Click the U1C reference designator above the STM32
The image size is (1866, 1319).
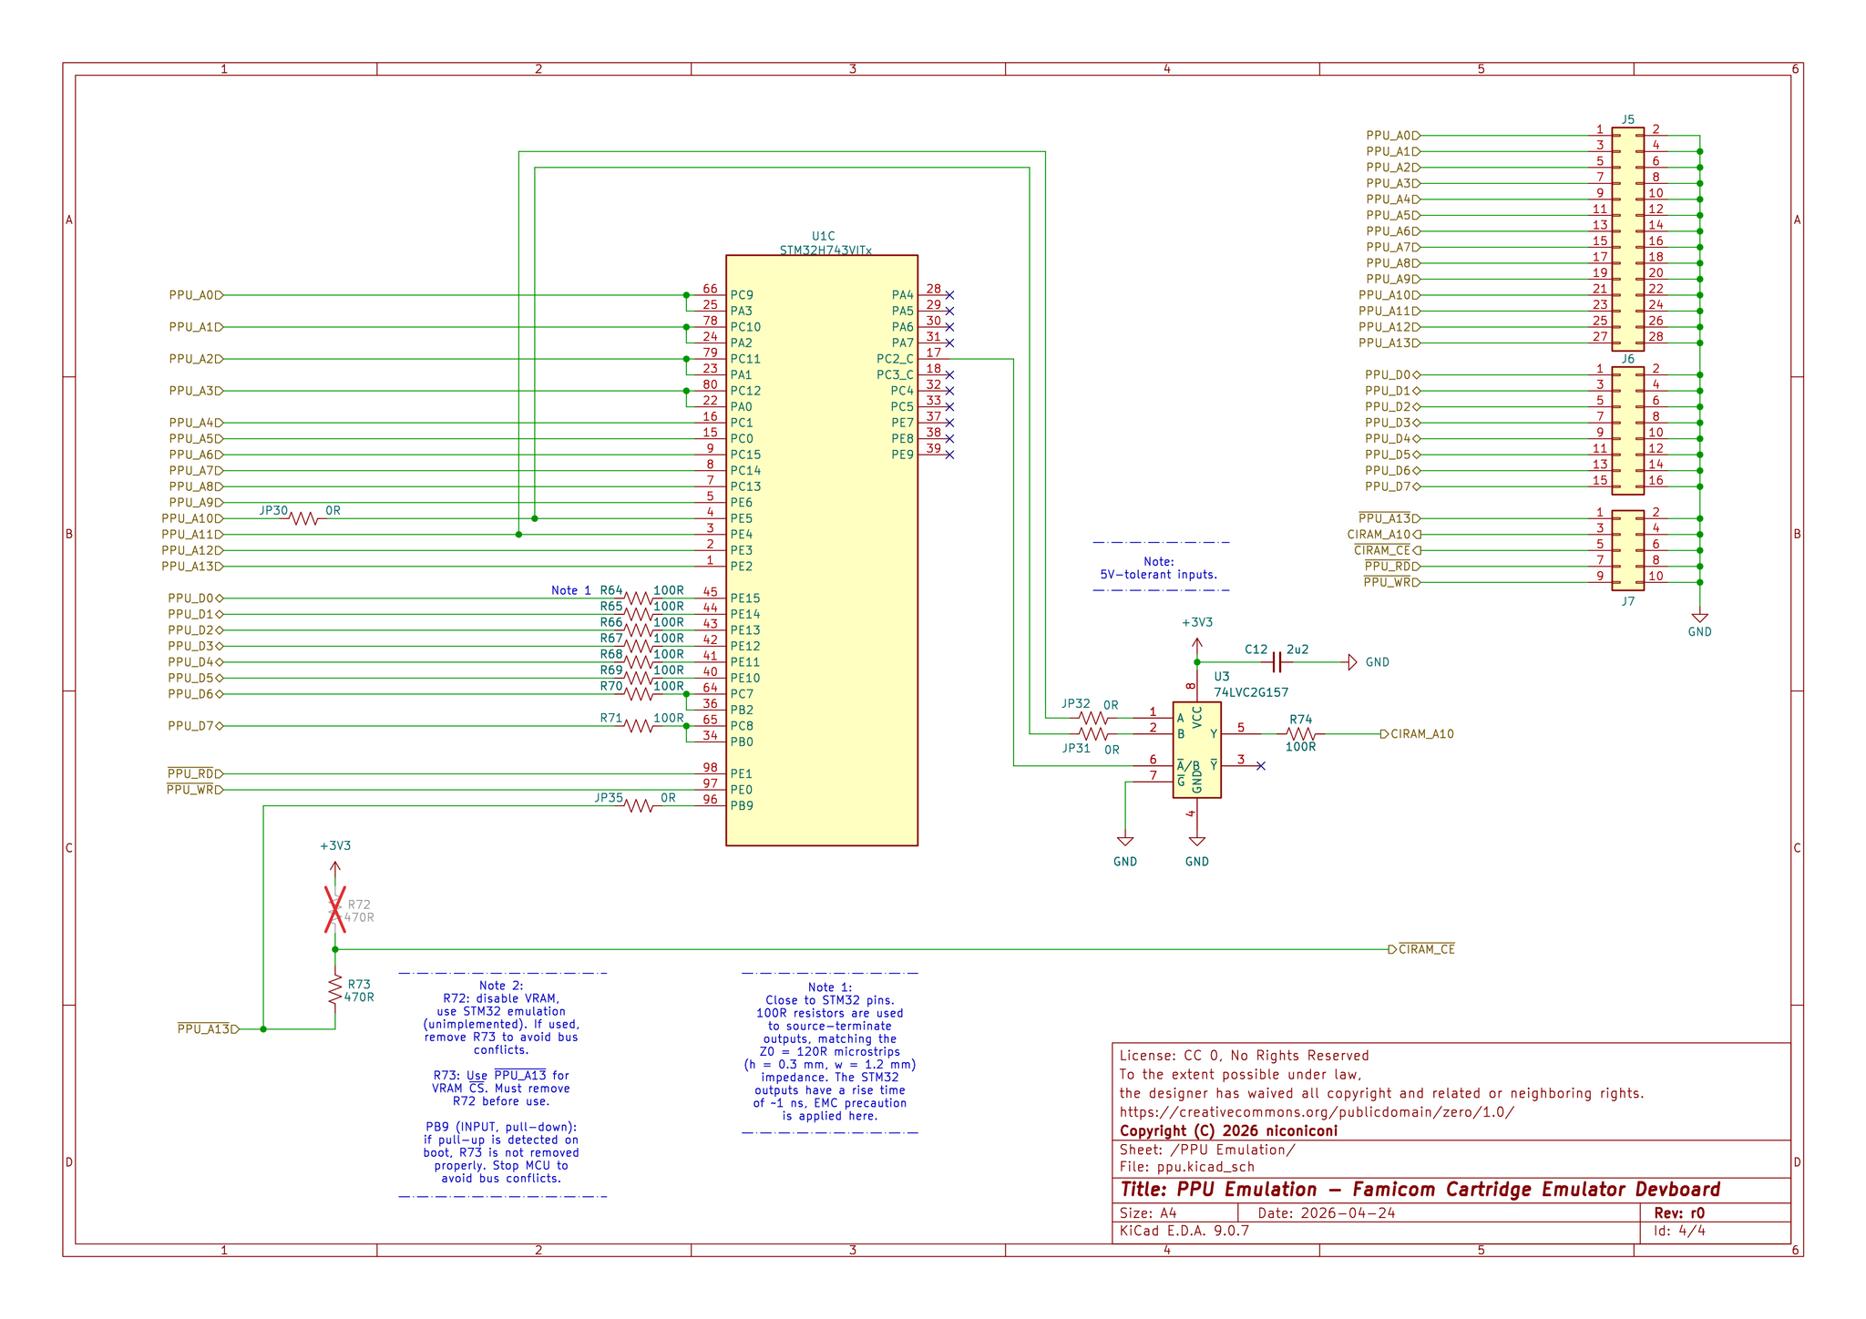(x=823, y=236)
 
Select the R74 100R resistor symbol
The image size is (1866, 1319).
(x=1300, y=733)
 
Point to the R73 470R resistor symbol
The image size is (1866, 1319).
(x=335, y=990)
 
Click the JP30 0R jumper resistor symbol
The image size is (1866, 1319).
(x=303, y=518)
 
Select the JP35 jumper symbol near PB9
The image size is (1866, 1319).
(x=639, y=805)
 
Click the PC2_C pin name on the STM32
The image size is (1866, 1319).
(x=895, y=359)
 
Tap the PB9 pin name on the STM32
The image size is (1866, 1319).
(x=742, y=805)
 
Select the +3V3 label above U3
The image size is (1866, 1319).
(x=1197, y=623)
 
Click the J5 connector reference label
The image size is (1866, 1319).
(x=1628, y=119)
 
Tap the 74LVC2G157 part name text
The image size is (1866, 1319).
(x=1251, y=692)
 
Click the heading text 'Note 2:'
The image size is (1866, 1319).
(x=501, y=986)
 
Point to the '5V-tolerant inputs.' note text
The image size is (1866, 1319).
(x=1159, y=575)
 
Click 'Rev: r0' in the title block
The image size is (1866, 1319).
(x=1678, y=1213)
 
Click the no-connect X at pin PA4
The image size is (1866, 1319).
(x=949, y=295)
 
